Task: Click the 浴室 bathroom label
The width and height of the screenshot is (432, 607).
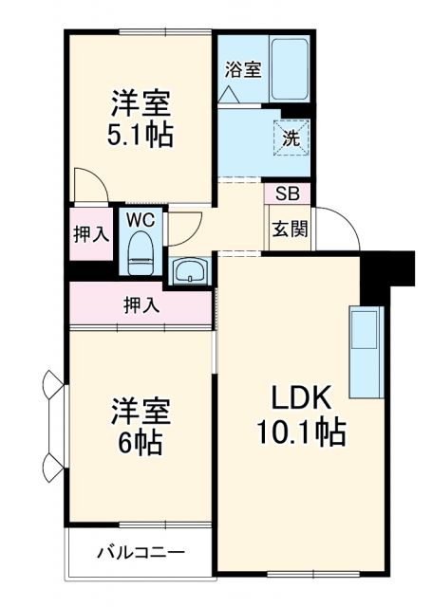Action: (x=243, y=68)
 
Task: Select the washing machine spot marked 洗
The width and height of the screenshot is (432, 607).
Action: (x=291, y=136)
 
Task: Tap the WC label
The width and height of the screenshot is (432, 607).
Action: (x=141, y=219)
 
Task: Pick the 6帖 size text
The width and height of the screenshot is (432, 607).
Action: (x=141, y=442)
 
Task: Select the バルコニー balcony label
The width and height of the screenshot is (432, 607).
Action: (x=141, y=552)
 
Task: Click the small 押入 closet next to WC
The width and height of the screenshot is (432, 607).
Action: (x=92, y=234)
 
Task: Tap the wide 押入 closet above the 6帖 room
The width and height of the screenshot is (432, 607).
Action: (x=141, y=305)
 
